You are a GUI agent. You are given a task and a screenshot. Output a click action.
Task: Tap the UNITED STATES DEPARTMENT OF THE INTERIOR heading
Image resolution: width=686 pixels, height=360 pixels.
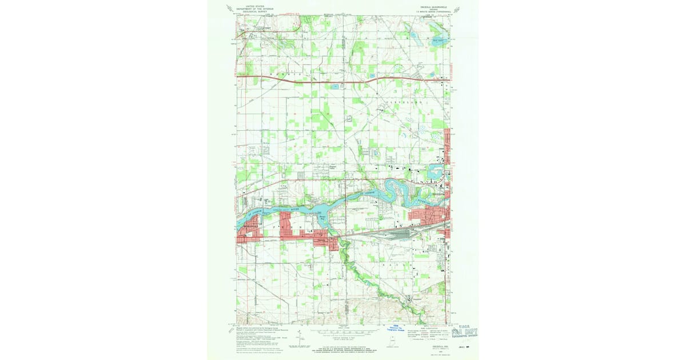(255, 7)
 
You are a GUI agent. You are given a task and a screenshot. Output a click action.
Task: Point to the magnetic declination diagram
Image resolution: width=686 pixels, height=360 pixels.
(298, 339)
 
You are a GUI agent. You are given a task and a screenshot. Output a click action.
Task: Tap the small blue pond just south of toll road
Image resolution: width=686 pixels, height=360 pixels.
(333, 87)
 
